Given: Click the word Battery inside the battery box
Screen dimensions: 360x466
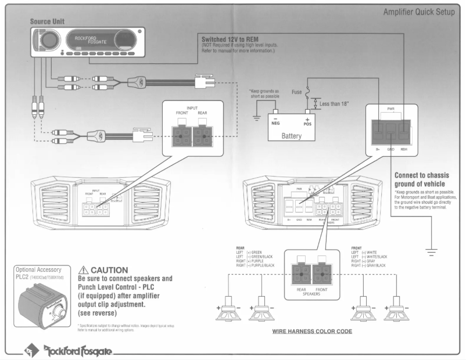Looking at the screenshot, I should (x=291, y=135).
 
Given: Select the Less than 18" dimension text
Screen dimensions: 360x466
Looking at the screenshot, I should (x=334, y=104).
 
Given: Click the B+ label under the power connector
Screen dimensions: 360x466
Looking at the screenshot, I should (x=377, y=150).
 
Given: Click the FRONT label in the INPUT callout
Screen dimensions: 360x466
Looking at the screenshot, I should (x=182, y=114).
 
